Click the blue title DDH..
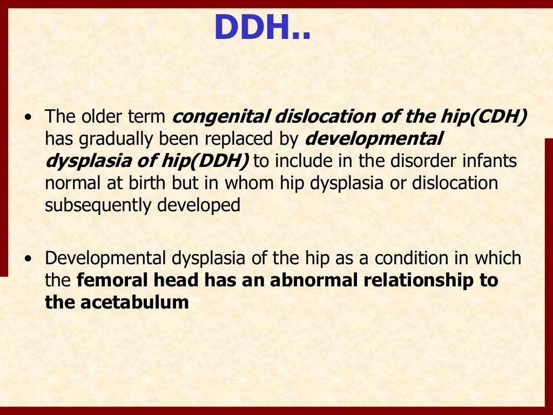tap(262, 28)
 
